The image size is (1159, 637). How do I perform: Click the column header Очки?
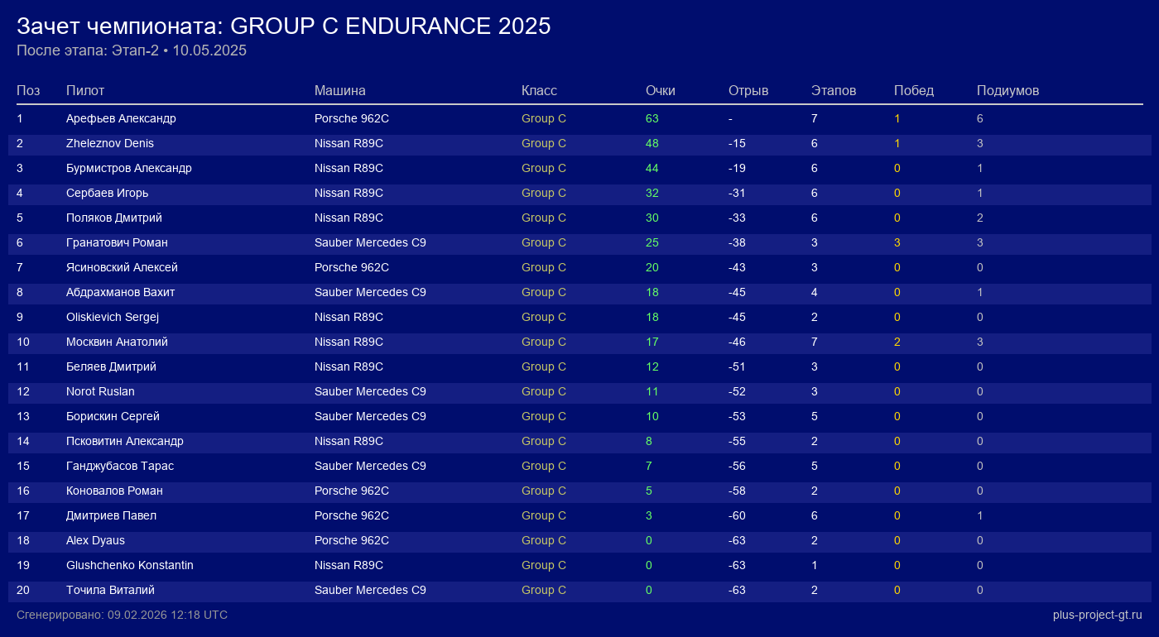pyautogui.click(x=661, y=90)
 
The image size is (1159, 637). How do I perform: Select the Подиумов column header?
pyautogui.click(x=1008, y=90)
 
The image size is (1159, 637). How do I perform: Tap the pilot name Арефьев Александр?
pyautogui.click(x=121, y=118)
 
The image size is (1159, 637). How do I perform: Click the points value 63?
pyautogui.click(x=652, y=118)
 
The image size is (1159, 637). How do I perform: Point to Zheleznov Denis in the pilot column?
pyautogui.click(x=110, y=143)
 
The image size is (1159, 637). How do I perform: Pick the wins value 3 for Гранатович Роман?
pyautogui.click(x=897, y=242)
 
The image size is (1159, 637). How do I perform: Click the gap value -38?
pyautogui.click(x=737, y=242)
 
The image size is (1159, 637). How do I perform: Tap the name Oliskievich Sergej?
pyautogui.click(x=113, y=317)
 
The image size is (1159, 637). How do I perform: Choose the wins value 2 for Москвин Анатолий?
pyautogui.click(x=897, y=342)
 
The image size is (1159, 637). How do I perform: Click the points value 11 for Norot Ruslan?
pyautogui.click(x=652, y=391)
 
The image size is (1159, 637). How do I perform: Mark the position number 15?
pyautogui.click(x=23, y=466)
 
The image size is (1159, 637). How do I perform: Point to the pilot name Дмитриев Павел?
pyautogui.click(x=111, y=515)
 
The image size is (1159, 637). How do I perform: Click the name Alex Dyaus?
pyautogui.click(x=95, y=540)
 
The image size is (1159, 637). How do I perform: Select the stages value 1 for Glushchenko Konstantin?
pyautogui.click(x=815, y=565)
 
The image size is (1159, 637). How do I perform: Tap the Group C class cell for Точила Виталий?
pyautogui.click(x=544, y=590)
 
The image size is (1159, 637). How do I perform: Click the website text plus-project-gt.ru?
pyautogui.click(x=1097, y=615)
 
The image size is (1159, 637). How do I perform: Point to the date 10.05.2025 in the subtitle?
pyautogui.click(x=209, y=50)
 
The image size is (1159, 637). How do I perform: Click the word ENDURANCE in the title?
pyautogui.click(x=418, y=26)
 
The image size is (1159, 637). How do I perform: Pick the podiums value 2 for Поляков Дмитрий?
pyautogui.click(x=980, y=218)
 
